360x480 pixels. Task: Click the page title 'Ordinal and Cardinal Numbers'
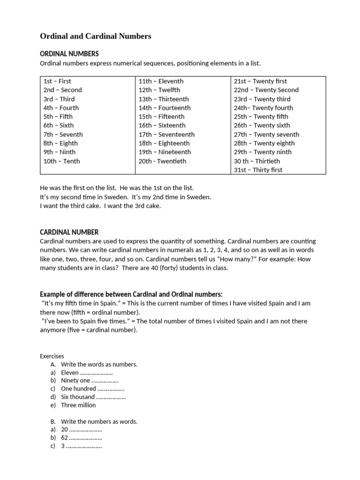click(x=96, y=36)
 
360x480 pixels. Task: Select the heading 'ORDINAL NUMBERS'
click(x=69, y=54)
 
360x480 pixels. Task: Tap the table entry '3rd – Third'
click(x=59, y=99)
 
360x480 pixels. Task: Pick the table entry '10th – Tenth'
click(x=61, y=161)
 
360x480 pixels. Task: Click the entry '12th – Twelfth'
click(x=159, y=90)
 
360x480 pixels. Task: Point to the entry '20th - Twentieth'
click(x=162, y=161)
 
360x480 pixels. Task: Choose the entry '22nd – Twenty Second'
click(x=266, y=90)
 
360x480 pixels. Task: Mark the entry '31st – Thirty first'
click(x=258, y=170)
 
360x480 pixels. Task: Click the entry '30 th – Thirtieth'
click(x=257, y=161)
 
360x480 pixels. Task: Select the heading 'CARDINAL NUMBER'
click(x=69, y=232)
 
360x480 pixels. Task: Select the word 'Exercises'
click(x=52, y=356)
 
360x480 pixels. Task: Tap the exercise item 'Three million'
click(x=78, y=405)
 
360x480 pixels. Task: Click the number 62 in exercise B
click(x=65, y=438)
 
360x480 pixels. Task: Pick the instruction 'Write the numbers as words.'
click(x=99, y=421)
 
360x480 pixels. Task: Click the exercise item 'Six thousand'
click(x=78, y=397)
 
